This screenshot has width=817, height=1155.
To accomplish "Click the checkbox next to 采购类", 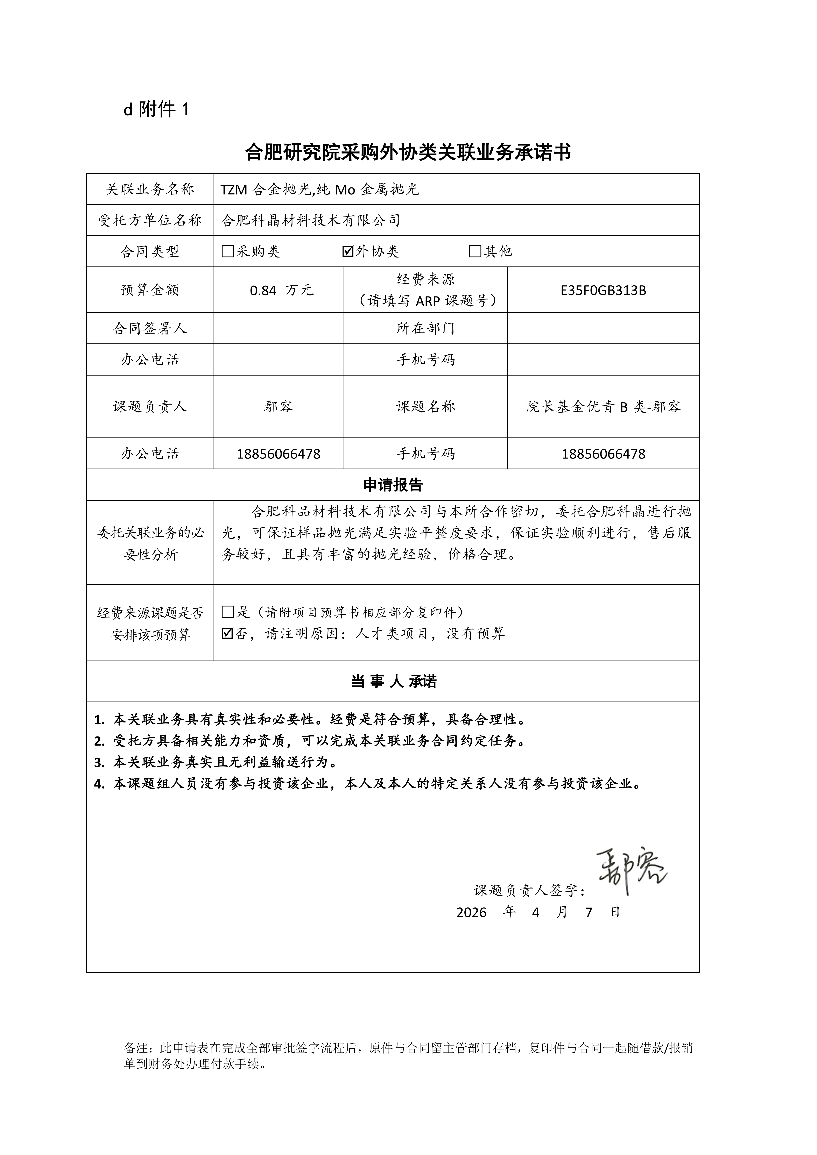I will [x=228, y=251].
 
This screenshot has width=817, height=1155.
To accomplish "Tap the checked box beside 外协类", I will [x=348, y=251].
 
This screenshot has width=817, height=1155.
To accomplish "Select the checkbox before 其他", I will [x=475, y=251].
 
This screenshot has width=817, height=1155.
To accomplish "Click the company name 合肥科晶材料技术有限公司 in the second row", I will [x=310, y=220].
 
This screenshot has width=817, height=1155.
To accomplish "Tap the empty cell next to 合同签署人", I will [x=278, y=328].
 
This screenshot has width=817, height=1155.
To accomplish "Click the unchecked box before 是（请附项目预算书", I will [x=228, y=612].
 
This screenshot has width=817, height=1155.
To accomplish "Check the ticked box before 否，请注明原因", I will [x=228, y=633].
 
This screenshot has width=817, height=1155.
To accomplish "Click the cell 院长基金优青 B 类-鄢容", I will [x=603, y=406].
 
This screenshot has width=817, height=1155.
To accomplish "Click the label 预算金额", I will [x=150, y=290].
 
